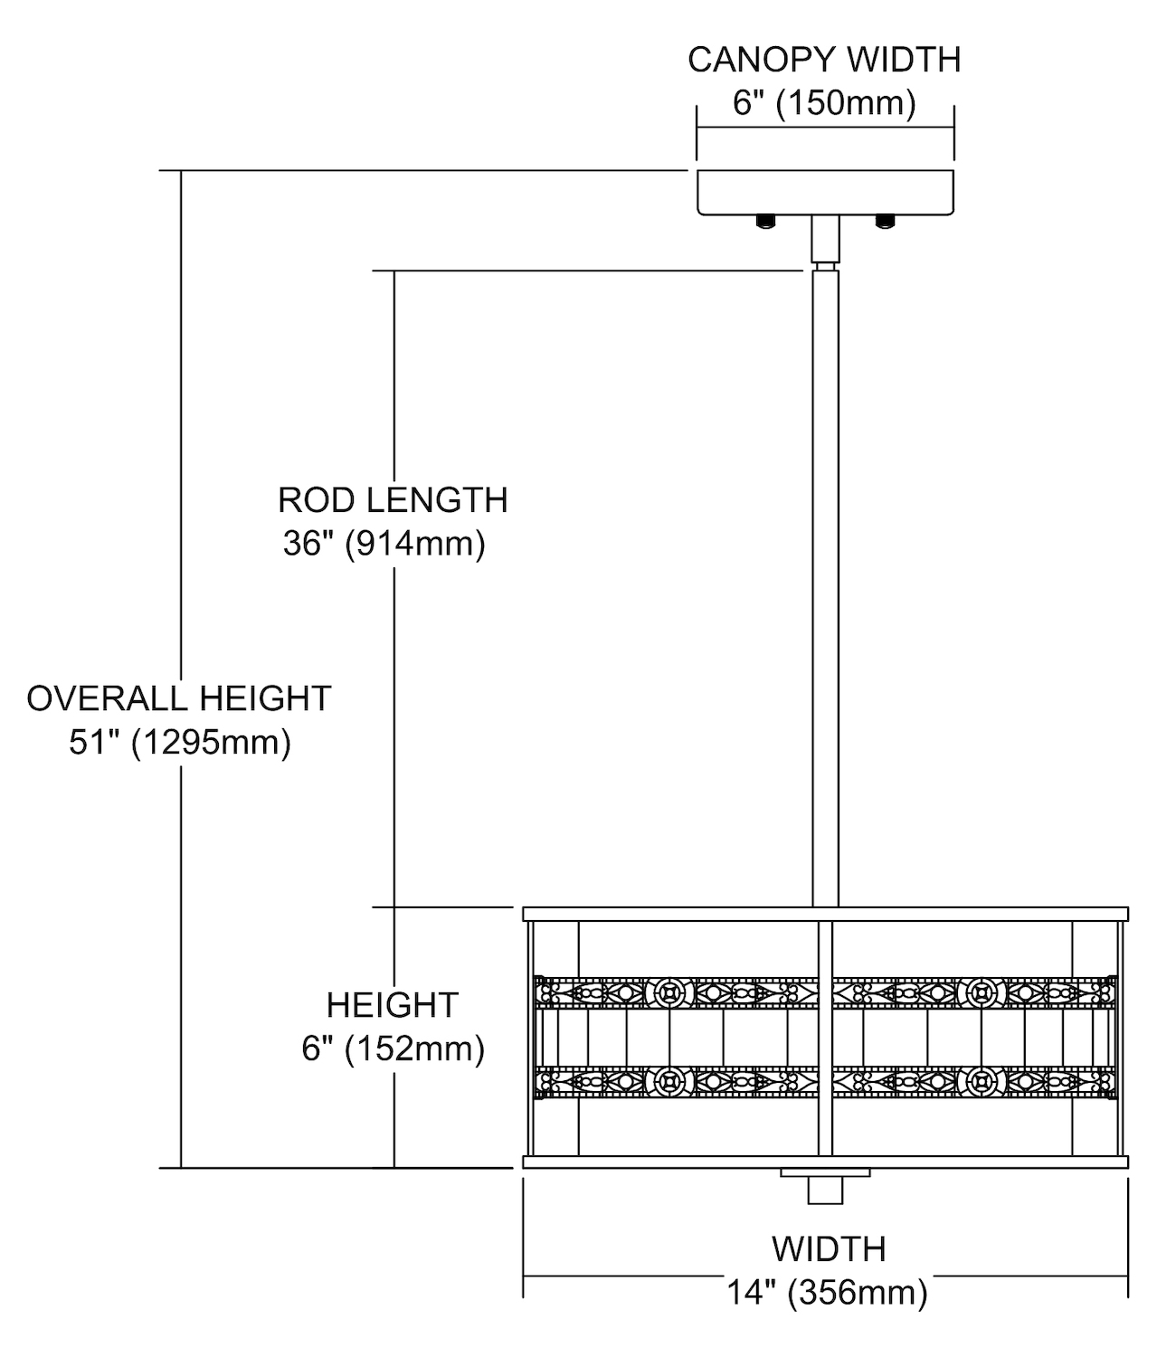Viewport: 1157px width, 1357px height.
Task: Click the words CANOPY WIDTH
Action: (823, 60)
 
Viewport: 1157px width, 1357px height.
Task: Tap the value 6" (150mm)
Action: (823, 103)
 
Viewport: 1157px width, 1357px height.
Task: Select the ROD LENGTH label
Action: (393, 500)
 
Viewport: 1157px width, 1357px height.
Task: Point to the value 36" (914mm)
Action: (384, 544)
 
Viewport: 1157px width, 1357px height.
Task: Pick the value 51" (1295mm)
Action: (180, 743)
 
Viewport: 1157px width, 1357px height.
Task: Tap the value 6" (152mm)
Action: (393, 1049)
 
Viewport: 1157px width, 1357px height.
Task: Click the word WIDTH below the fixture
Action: (828, 1249)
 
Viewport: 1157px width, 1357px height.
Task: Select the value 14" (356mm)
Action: (827, 1293)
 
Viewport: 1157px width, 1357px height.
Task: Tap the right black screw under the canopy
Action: (884, 221)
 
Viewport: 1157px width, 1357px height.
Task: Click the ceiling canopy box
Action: (825, 191)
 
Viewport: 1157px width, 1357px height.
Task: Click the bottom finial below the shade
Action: (825, 1187)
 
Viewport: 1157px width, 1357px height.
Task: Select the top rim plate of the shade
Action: (825, 914)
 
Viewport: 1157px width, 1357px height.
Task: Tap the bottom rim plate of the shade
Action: (825, 1162)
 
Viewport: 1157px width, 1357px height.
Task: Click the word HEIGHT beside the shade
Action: (393, 1005)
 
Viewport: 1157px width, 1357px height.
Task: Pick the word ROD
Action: (310, 500)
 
